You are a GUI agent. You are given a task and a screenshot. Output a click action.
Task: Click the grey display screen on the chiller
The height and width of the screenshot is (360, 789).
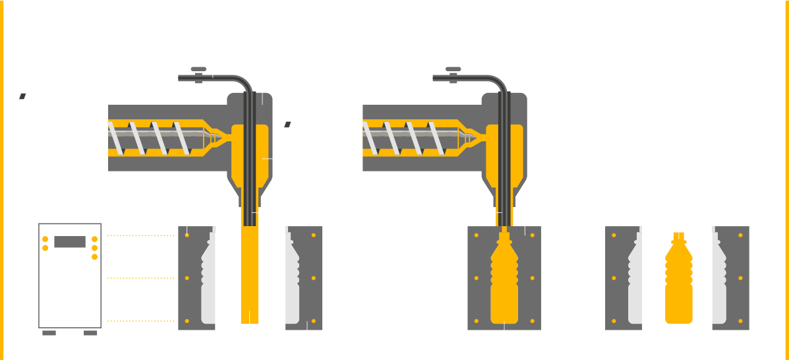pos(70,242)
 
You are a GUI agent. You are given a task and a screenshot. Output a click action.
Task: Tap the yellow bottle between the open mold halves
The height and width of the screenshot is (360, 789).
pos(677,280)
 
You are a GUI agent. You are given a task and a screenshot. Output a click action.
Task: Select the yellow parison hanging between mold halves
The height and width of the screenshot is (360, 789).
pos(250,270)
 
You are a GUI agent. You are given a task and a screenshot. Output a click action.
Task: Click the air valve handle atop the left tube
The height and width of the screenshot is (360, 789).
pos(196,69)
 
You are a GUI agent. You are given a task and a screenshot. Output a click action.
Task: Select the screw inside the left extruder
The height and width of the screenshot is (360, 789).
pos(158,138)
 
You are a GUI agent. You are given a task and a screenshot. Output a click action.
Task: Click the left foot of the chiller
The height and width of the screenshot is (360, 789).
pos(49,333)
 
